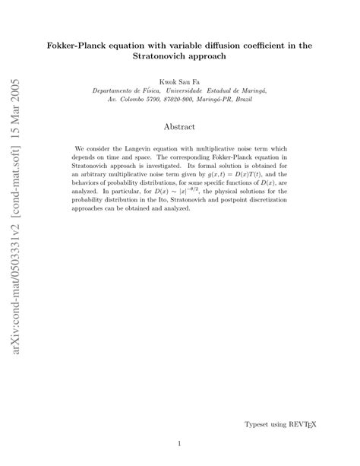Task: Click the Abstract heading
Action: pos(179,127)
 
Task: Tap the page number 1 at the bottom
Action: pos(179,444)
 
